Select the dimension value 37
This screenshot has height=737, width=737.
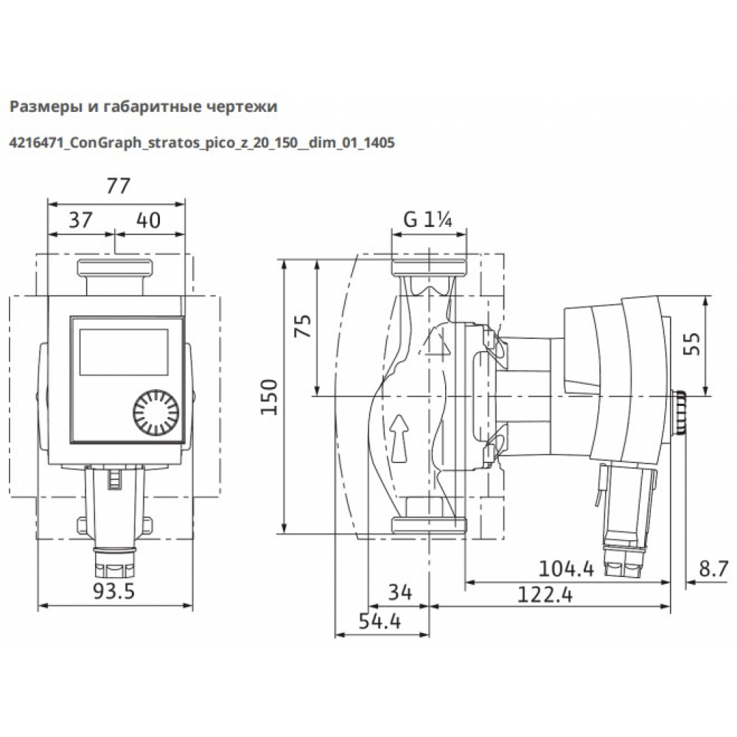click(x=82, y=220)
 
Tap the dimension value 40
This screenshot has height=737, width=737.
click(x=150, y=220)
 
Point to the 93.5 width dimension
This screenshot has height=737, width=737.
click(x=116, y=591)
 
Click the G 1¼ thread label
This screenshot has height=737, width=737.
click(x=428, y=219)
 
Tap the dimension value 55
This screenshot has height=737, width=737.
click(x=692, y=345)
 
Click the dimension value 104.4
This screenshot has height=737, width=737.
click(x=566, y=568)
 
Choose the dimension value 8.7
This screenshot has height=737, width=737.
click(x=712, y=568)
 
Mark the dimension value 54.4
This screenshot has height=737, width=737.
click(x=381, y=621)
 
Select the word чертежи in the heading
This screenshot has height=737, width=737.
click(x=242, y=107)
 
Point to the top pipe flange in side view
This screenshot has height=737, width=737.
click(x=429, y=268)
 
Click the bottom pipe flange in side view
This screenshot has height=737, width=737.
click(x=429, y=524)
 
